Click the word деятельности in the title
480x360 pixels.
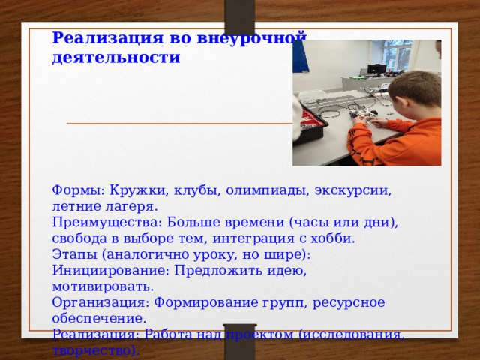click(x=116, y=57)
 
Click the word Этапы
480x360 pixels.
click(x=73, y=255)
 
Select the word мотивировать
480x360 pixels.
click(x=103, y=287)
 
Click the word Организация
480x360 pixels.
click(x=96, y=303)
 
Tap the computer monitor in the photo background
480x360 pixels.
click(x=376, y=68)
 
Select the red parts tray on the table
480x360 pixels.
click(x=308, y=121)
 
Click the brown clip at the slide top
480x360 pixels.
click(x=240, y=16)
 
